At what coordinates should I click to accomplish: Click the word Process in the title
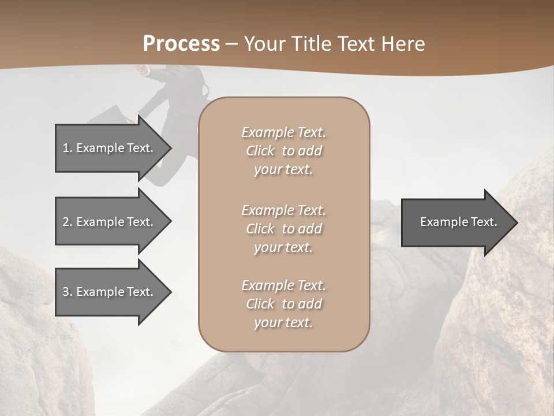tap(181, 44)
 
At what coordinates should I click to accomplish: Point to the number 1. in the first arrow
tap(68, 148)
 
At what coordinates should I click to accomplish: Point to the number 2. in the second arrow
tap(68, 222)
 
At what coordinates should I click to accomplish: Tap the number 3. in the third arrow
tap(68, 292)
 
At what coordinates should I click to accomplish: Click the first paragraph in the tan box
tap(284, 151)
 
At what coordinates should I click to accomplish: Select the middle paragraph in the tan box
tap(284, 229)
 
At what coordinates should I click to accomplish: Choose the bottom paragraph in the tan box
tap(284, 304)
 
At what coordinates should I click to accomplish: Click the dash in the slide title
tap(232, 44)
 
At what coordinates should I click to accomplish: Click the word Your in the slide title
tap(263, 44)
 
